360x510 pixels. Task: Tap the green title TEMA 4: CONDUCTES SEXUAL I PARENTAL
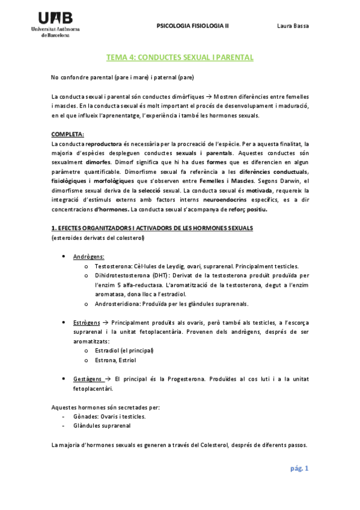click(x=180, y=58)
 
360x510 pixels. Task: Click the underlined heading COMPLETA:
click(x=68, y=134)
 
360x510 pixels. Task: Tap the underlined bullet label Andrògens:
click(x=88, y=257)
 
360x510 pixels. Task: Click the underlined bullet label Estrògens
click(x=87, y=322)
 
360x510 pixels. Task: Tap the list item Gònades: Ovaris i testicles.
click(x=109, y=416)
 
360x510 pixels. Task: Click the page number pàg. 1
click(x=298, y=469)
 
